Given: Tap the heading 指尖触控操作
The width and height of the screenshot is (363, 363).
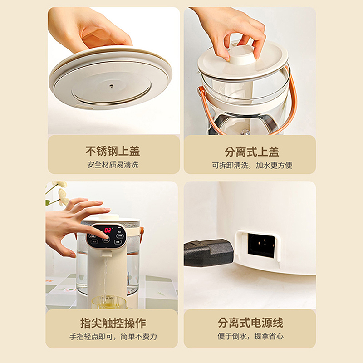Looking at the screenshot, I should pyautogui.click(x=113, y=323).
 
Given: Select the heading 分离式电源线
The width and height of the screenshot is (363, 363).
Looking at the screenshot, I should pyautogui.click(x=250, y=323).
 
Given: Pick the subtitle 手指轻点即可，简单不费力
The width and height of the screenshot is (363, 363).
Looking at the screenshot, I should pyautogui.click(x=113, y=337).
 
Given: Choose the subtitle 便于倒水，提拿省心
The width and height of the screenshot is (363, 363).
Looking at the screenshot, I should pyautogui.click(x=250, y=337).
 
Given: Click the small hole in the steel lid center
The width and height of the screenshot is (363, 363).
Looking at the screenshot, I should pyautogui.click(x=111, y=84).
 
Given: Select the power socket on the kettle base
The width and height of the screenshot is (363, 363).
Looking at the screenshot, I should pyautogui.click(x=260, y=245).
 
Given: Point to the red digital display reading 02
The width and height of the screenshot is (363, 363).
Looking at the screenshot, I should pyautogui.click(x=108, y=230).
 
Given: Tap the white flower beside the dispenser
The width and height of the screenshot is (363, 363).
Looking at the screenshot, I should pyautogui.click(x=62, y=193).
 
